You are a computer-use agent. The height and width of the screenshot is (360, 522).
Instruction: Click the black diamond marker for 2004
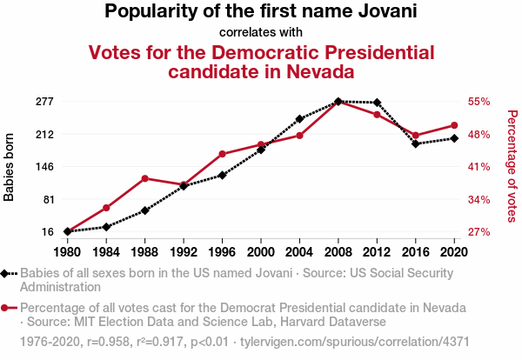tap(299, 118)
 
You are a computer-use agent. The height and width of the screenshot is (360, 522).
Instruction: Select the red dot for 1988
tap(144, 178)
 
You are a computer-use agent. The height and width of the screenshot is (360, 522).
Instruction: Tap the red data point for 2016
tap(416, 136)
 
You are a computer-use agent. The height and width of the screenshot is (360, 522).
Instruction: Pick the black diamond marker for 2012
tap(377, 103)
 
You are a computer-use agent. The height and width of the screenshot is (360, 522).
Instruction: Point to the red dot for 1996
tap(222, 154)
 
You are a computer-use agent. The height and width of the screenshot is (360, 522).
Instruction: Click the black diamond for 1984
tap(106, 227)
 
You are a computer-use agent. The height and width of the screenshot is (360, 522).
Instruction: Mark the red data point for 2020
tap(454, 125)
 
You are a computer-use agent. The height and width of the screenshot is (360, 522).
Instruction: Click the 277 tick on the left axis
tap(44, 102)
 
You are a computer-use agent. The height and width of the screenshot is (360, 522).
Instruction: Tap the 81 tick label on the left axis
tap(48, 199)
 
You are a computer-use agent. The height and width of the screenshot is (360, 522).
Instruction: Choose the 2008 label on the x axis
tap(338, 252)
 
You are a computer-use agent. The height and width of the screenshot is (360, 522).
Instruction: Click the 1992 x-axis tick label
tap(184, 252)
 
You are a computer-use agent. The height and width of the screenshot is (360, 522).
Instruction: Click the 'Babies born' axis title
tap(10, 167)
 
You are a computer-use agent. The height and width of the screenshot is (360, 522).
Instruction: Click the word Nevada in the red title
tap(323, 71)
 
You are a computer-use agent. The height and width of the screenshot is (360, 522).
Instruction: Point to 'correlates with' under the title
tap(261, 33)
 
